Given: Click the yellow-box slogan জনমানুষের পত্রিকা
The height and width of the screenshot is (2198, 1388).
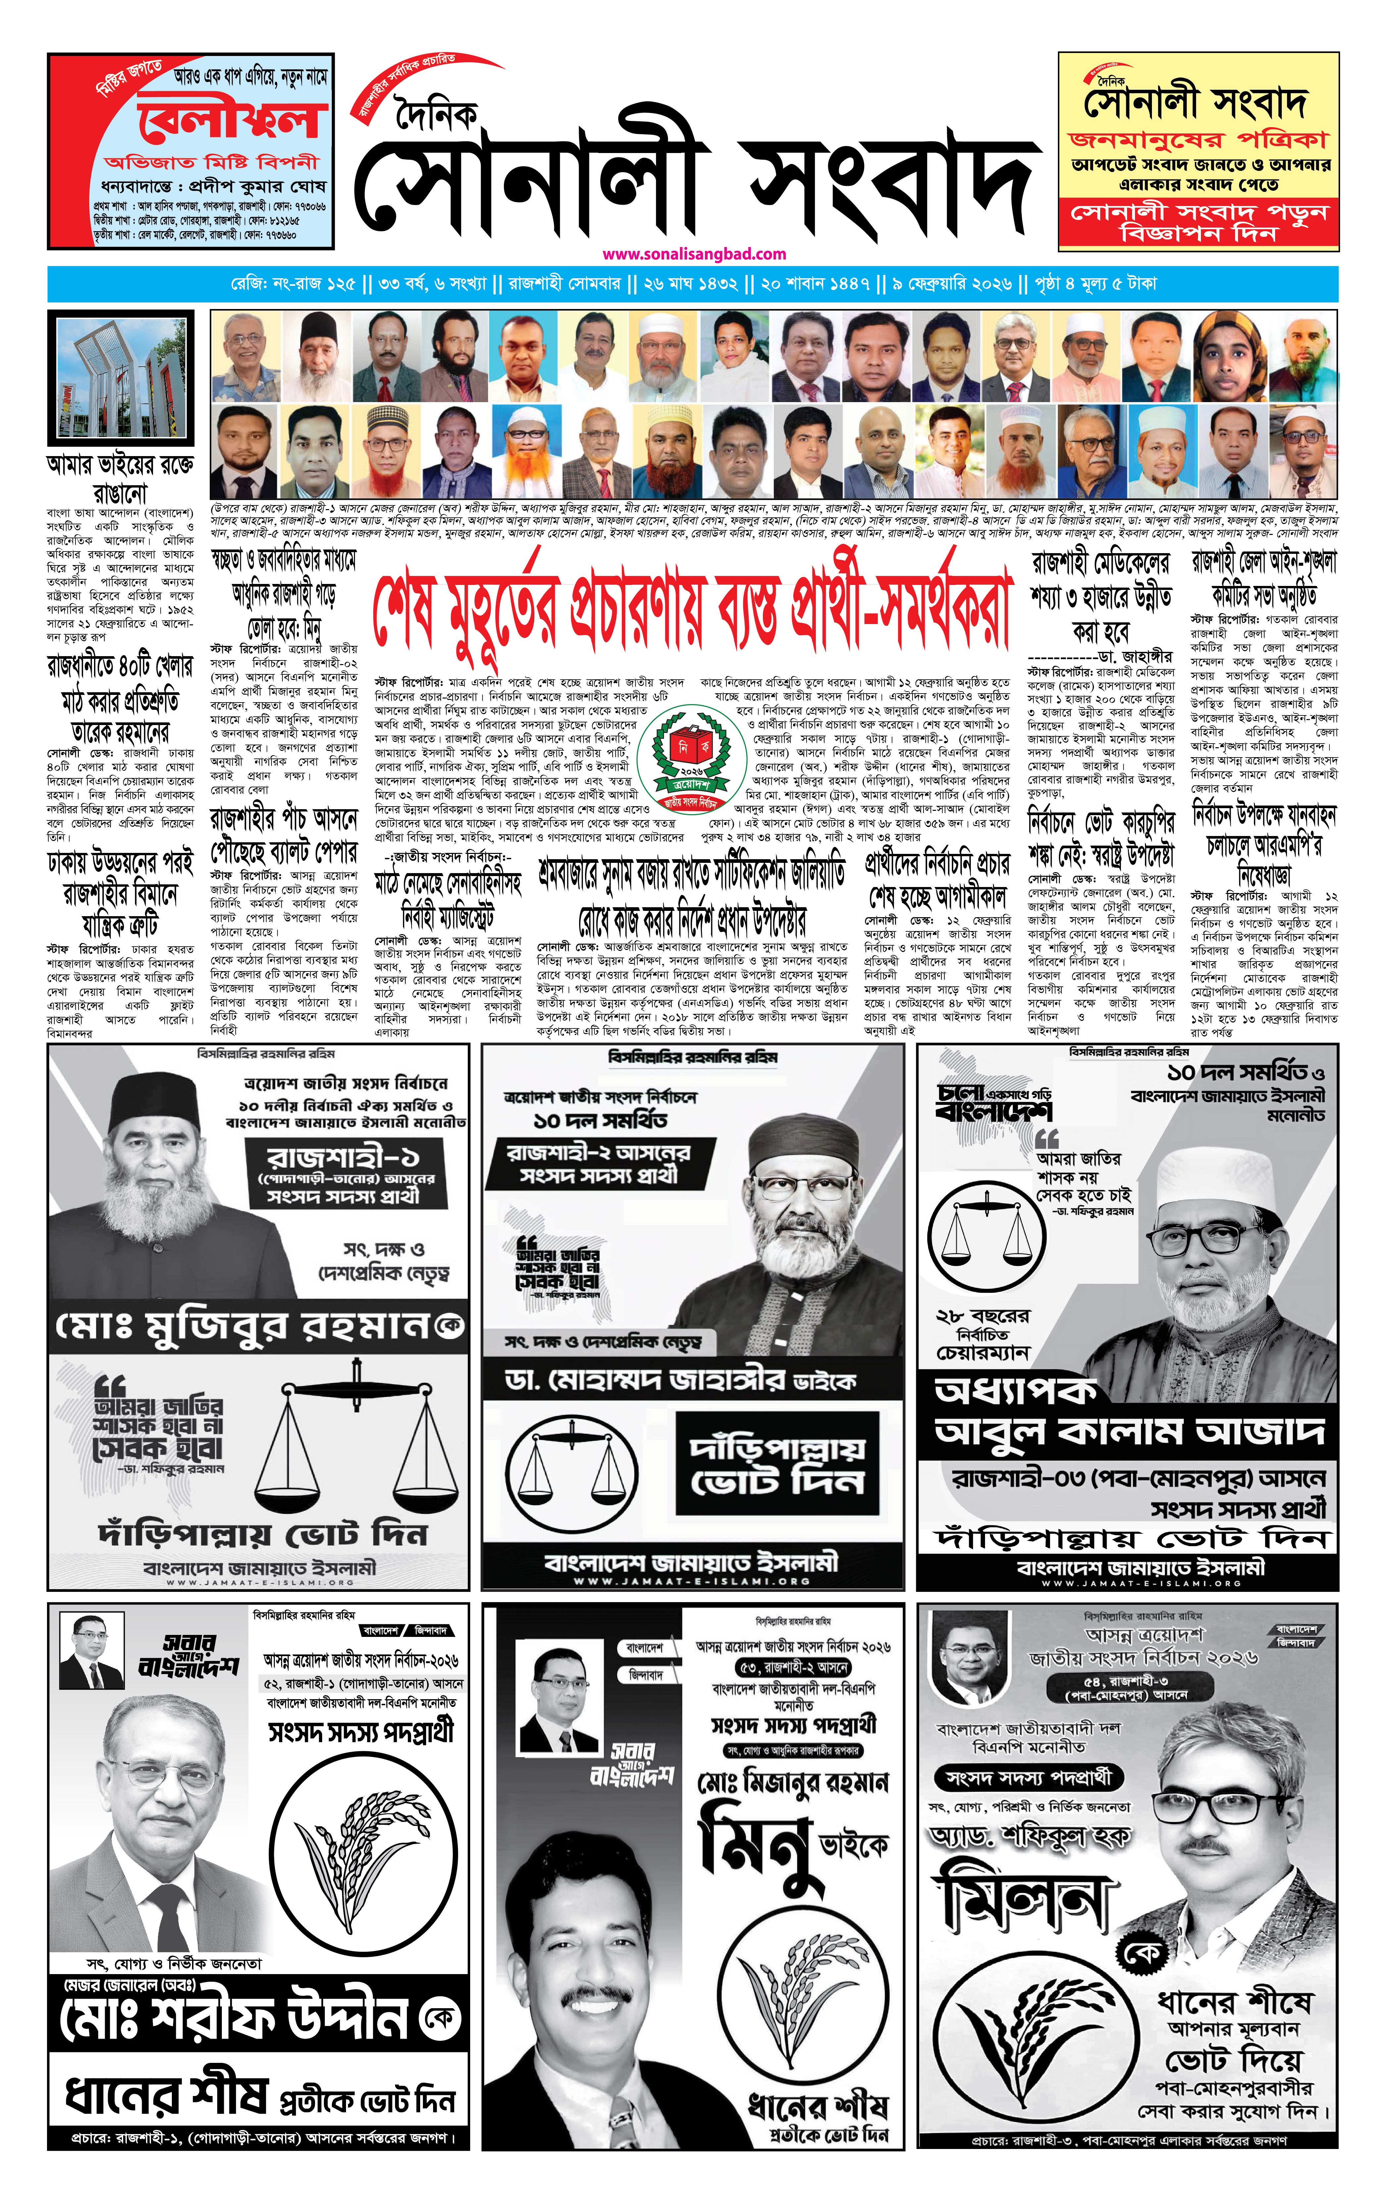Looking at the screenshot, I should [x=1198, y=140].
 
